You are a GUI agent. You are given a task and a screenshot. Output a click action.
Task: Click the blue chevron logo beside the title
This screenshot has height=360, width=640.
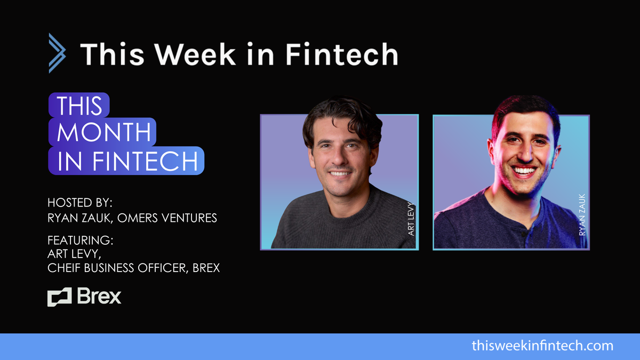[57, 53]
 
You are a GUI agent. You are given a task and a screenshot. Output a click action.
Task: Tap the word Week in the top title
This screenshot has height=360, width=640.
[197, 54]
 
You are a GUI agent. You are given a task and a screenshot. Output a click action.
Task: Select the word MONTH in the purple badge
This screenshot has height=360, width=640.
[103, 132]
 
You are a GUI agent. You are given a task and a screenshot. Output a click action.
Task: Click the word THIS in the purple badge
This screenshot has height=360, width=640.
[79, 105]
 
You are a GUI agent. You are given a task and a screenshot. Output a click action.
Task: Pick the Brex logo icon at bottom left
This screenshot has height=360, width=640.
[59, 297]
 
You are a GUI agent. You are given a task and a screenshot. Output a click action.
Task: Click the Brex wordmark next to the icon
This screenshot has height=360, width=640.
[100, 297]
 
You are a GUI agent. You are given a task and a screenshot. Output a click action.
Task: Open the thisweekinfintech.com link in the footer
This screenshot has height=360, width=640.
[542, 346]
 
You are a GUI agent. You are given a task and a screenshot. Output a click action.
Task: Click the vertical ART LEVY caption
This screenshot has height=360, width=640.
[411, 215]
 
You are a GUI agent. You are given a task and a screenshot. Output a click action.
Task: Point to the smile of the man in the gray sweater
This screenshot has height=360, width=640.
[340, 174]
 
